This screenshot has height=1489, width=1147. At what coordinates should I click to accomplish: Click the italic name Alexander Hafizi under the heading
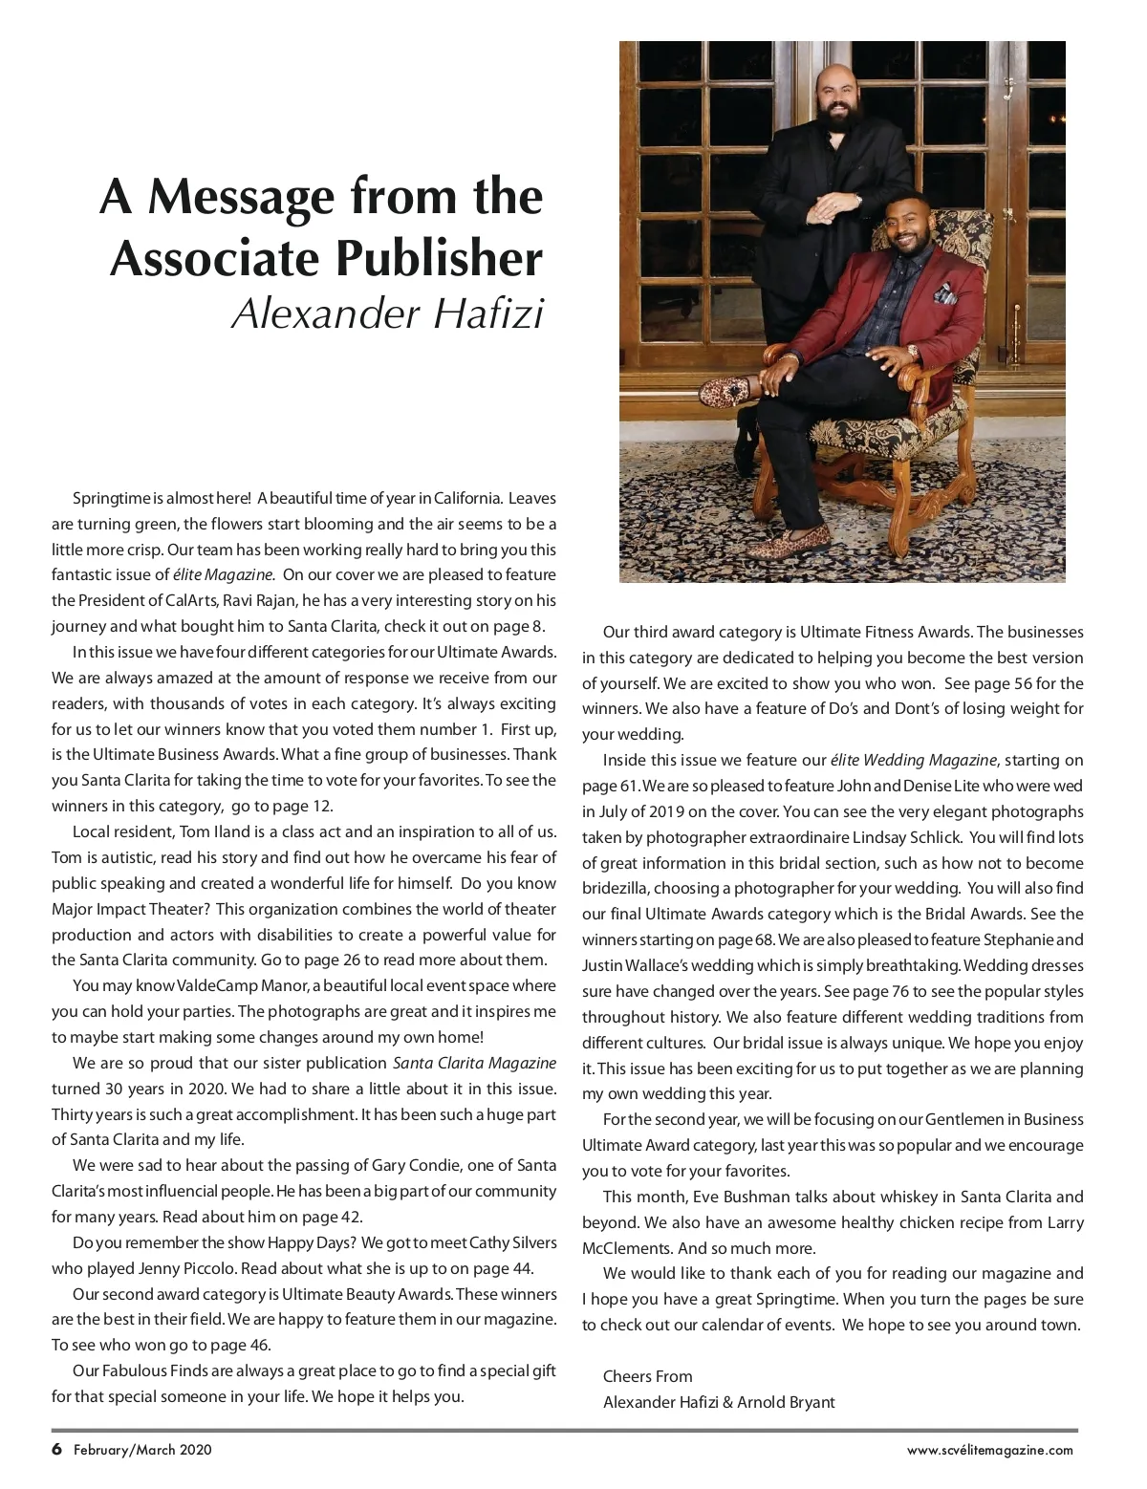tap(387, 313)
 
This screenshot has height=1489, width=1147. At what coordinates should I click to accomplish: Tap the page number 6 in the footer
tap(56, 1449)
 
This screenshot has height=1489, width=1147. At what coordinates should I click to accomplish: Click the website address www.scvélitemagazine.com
tap(989, 1450)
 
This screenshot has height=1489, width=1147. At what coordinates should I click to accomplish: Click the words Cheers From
tap(647, 1376)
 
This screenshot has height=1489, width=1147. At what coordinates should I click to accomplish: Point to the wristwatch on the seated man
tap(912, 352)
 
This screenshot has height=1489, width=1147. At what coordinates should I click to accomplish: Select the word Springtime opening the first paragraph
tap(113, 498)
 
